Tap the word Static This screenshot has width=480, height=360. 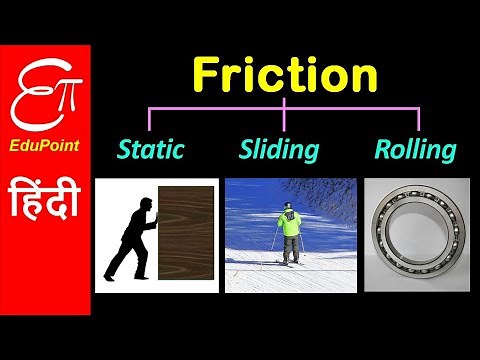tap(151, 151)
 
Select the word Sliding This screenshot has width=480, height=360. tap(279, 151)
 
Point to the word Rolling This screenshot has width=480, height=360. tap(415, 151)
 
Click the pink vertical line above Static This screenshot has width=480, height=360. tap(150, 118)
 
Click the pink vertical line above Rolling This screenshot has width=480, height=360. tap(418, 118)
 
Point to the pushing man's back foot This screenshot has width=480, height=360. tap(110, 276)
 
